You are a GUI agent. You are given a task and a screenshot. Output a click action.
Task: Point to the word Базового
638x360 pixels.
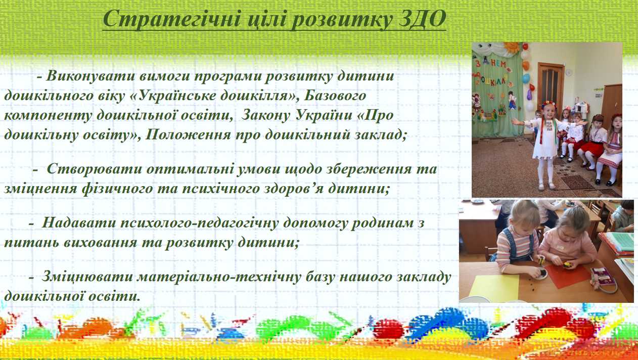(335, 96)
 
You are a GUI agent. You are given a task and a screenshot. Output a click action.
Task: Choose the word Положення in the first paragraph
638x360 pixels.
(188, 134)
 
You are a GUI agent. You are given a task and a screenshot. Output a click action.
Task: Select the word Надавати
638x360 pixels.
(79, 222)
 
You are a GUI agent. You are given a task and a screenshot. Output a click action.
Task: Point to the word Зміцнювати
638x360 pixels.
(87, 277)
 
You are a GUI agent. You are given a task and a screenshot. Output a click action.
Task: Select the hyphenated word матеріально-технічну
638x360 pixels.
(219, 277)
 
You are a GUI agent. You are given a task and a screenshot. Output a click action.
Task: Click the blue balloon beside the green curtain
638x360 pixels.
(526, 78)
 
